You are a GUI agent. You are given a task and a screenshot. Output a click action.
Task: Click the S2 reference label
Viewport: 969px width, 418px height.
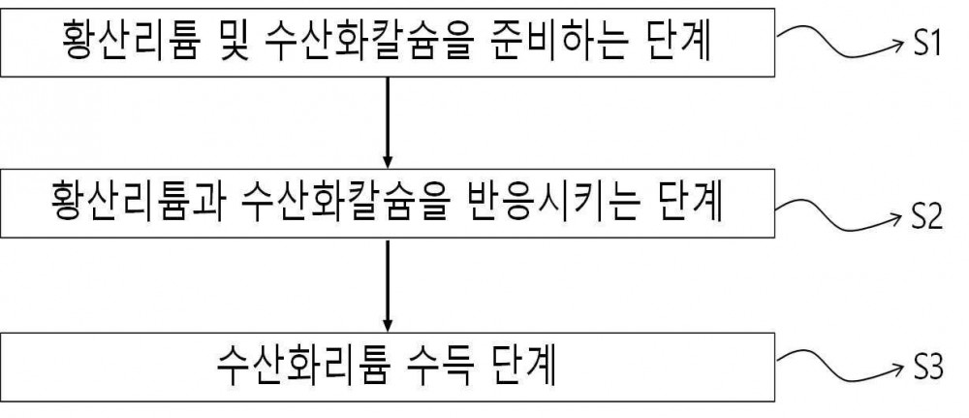927,217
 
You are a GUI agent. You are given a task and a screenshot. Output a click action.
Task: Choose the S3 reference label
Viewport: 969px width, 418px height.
927,370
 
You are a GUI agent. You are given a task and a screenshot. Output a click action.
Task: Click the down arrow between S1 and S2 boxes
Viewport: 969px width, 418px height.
388,122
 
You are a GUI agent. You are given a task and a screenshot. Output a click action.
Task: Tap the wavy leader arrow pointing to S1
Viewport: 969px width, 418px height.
840,42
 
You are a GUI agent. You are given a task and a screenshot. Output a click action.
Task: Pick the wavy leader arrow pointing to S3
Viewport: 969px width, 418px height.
840,366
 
